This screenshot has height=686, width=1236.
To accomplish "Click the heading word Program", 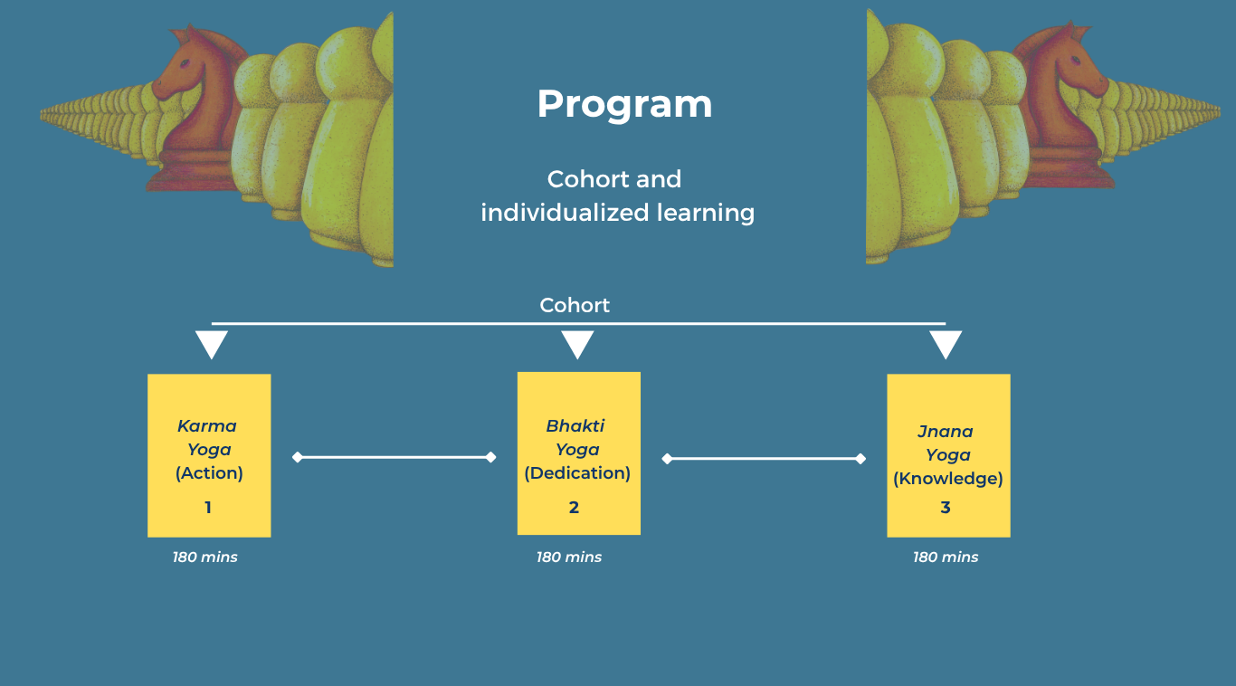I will click(624, 104).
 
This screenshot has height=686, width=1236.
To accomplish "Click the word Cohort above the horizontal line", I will click(575, 305).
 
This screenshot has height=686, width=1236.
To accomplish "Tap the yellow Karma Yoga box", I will click(209, 455).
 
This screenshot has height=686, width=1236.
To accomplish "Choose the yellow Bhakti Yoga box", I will click(578, 453).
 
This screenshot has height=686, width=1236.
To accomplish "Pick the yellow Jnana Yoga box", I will click(948, 455).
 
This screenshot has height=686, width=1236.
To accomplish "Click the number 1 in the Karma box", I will click(208, 508).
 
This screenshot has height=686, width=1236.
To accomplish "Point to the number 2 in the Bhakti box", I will click(574, 508).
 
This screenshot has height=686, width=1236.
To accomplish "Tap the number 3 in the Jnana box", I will click(946, 508).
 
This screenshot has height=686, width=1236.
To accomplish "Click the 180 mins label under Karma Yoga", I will click(205, 557).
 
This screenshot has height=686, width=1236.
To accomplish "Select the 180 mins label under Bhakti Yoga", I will click(569, 557).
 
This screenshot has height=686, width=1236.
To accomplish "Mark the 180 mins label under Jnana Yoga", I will click(946, 557).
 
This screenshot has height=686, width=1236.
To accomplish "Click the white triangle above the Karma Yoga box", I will click(212, 343).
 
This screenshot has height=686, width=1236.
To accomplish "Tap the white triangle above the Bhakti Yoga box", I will click(577, 343).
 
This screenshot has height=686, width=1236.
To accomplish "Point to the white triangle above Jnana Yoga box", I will click(946, 343).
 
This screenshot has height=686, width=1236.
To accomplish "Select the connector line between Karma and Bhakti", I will click(395, 457).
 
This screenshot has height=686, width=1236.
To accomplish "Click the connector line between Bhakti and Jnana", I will click(764, 459).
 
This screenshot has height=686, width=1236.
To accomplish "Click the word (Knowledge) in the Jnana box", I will click(948, 479).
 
